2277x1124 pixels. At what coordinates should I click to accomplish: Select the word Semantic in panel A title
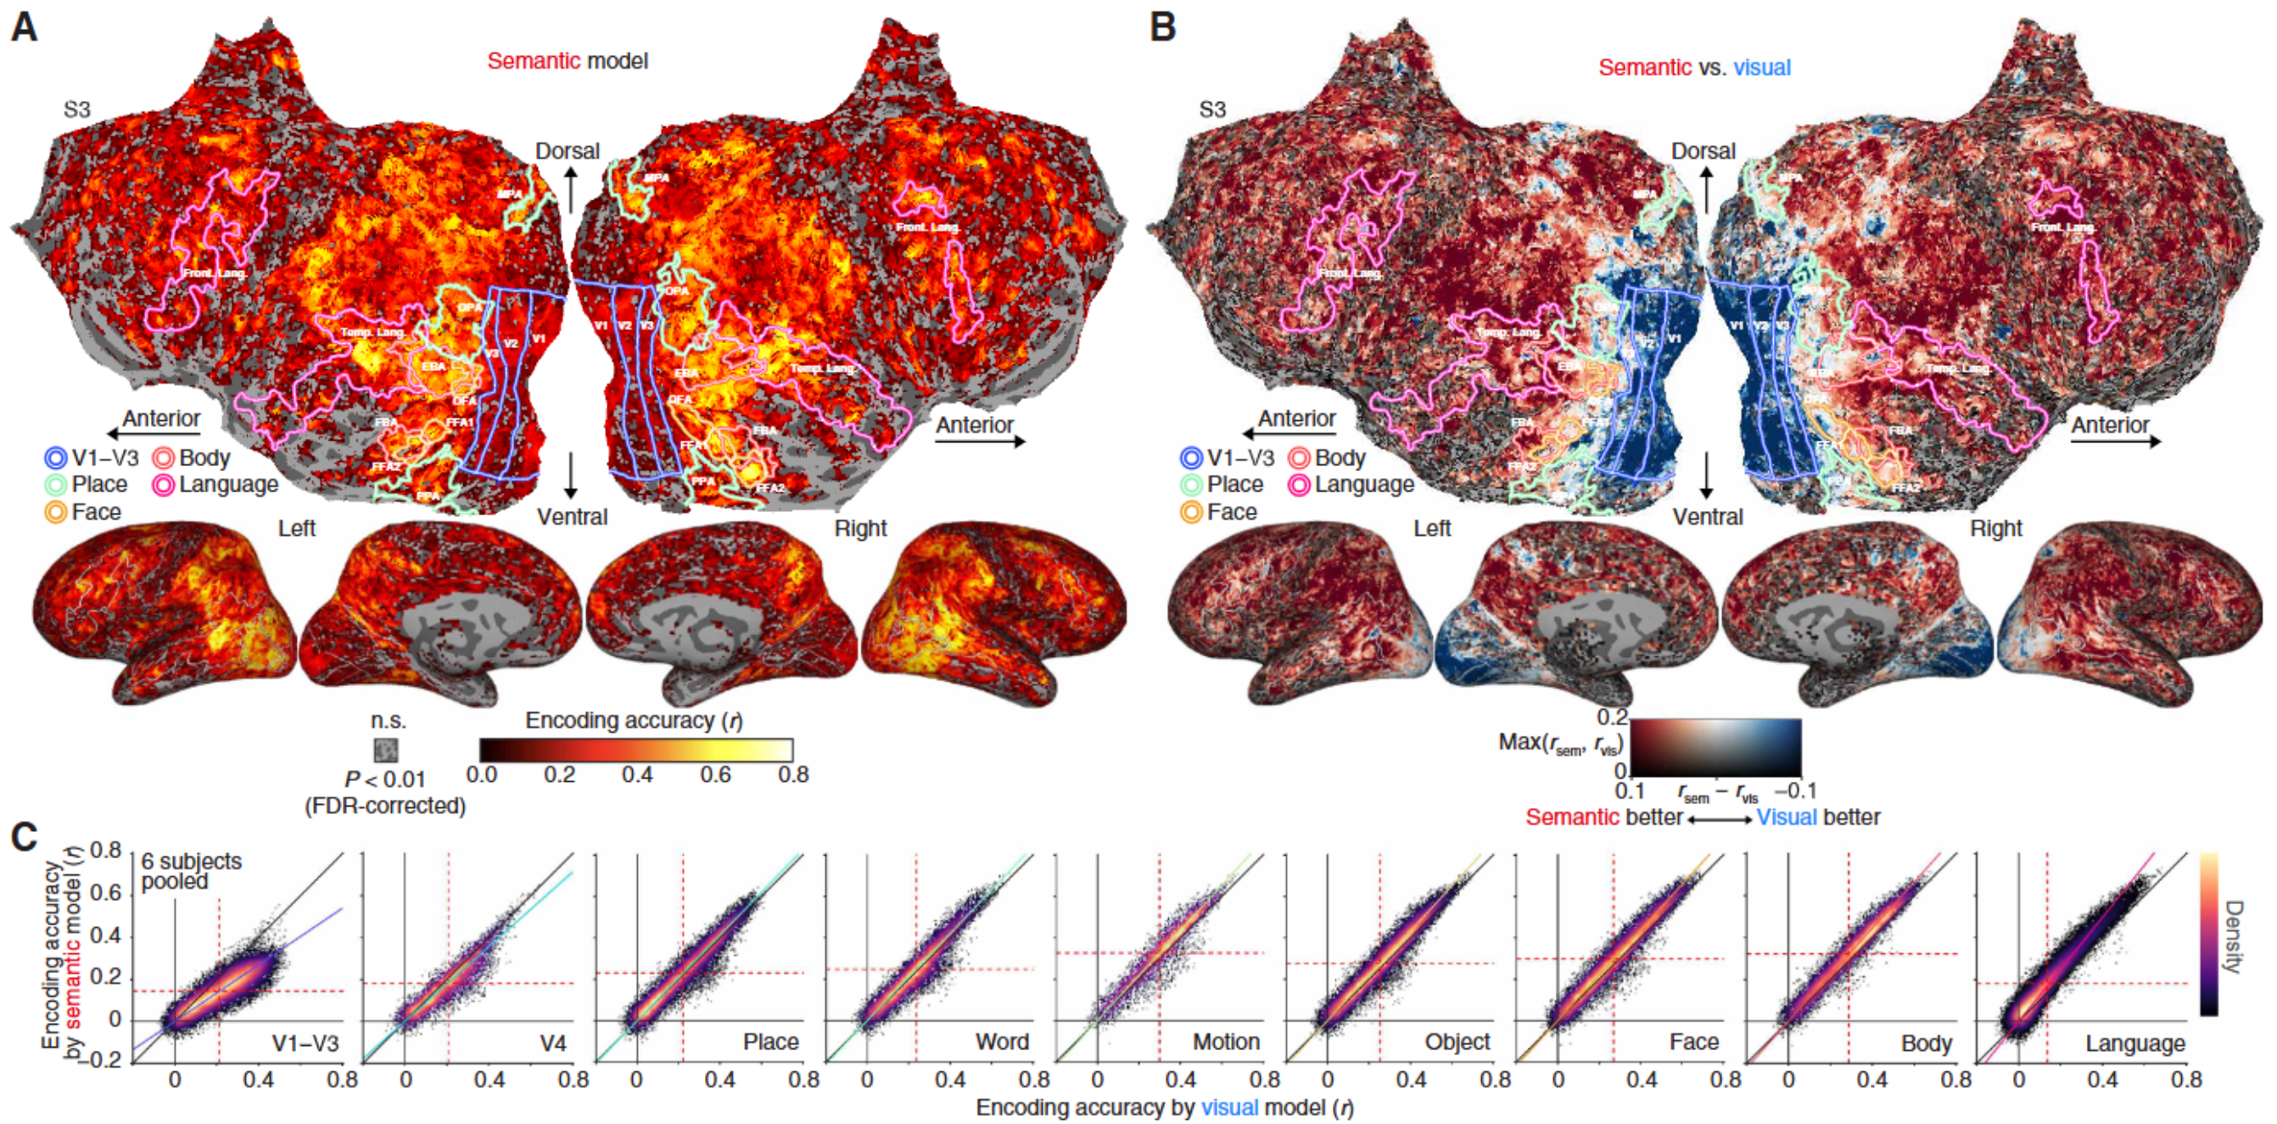(533, 61)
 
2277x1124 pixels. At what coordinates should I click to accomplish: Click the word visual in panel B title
(1762, 67)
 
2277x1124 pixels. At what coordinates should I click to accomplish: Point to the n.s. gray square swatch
(385, 750)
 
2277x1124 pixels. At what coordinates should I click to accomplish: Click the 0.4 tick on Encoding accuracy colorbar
(636, 776)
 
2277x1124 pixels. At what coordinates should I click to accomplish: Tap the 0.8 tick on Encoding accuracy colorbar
(793, 776)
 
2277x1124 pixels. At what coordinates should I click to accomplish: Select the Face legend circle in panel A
(56, 512)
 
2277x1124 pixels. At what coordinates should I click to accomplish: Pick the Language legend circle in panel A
(163, 485)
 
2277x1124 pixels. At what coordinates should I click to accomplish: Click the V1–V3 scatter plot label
(305, 1043)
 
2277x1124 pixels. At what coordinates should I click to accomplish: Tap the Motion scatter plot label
(1226, 1043)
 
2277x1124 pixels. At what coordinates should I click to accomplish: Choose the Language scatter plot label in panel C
(2134, 1043)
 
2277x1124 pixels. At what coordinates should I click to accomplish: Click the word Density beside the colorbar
(2232, 936)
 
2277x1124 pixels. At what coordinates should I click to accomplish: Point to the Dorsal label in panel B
(1703, 151)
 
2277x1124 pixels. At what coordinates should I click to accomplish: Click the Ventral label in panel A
(572, 516)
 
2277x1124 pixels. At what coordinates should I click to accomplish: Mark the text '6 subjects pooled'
(191, 871)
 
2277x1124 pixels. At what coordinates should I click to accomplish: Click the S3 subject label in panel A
(77, 110)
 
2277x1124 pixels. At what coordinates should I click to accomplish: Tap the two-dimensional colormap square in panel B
(1715, 747)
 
